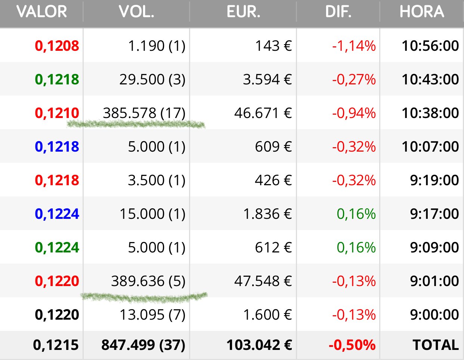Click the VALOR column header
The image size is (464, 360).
[x=41, y=12]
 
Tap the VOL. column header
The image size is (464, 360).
[x=136, y=12]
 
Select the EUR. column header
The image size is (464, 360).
[x=244, y=12]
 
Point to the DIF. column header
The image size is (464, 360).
[x=338, y=12]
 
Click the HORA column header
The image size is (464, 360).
[x=422, y=12]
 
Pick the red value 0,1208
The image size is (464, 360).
[x=57, y=46]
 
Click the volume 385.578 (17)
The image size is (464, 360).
[x=144, y=113]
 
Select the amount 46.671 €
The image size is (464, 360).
[x=263, y=113]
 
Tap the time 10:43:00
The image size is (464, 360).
[x=430, y=80]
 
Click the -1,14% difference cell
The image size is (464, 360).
[x=354, y=46]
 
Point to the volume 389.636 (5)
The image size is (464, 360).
[x=148, y=281]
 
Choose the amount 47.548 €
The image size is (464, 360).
[x=263, y=281]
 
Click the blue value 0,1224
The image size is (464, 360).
[x=57, y=214]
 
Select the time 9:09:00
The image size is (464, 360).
[x=434, y=247]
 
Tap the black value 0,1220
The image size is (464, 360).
[x=57, y=314]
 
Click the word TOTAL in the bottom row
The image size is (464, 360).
[x=436, y=345]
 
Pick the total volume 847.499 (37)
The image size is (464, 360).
[x=143, y=345]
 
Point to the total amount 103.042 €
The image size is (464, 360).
[x=259, y=345]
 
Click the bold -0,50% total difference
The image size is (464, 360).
[x=352, y=345]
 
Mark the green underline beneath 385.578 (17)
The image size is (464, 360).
[x=136, y=124]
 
